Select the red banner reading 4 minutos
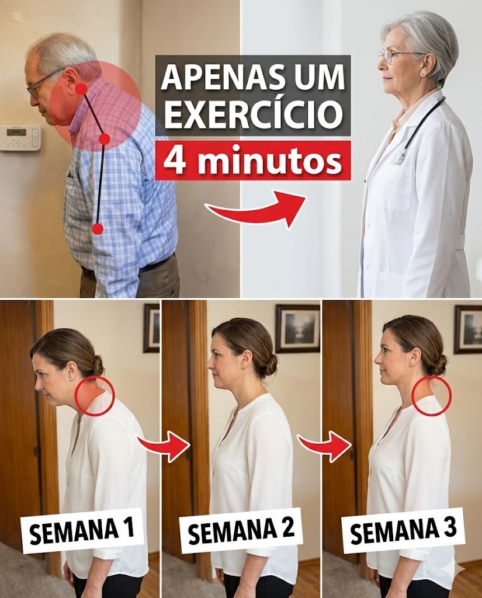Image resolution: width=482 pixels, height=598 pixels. [x=252, y=161]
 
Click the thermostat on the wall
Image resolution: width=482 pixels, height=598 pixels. [x=20, y=138]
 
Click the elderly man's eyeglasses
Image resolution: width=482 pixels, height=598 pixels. [x=43, y=84]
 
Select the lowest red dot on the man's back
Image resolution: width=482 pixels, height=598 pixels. [x=98, y=229]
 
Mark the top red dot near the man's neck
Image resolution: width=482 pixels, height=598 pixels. [x=81, y=89]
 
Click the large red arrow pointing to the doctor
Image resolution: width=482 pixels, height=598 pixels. [x=256, y=208]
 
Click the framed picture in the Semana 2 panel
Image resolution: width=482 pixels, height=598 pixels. [x=298, y=328]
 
